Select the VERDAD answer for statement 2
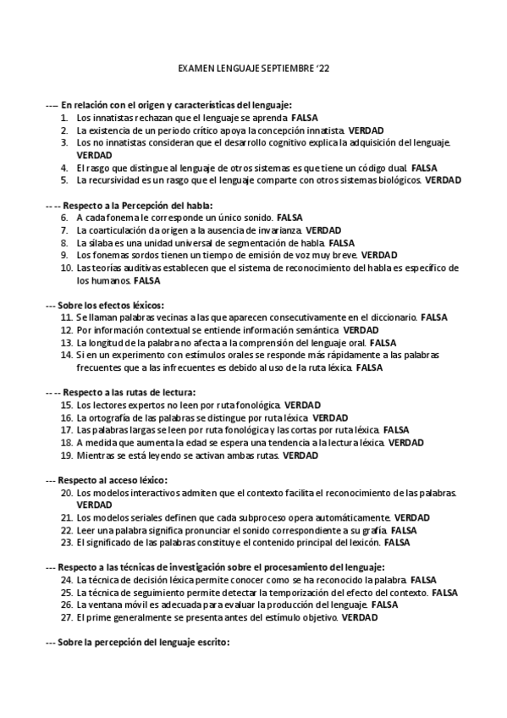(x=366, y=131)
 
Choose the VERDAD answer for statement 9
(x=379, y=254)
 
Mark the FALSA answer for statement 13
(x=383, y=342)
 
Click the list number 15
(x=66, y=405)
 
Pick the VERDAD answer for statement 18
(x=406, y=442)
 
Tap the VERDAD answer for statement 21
(x=411, y=516)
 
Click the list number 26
(x=66, y=605)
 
